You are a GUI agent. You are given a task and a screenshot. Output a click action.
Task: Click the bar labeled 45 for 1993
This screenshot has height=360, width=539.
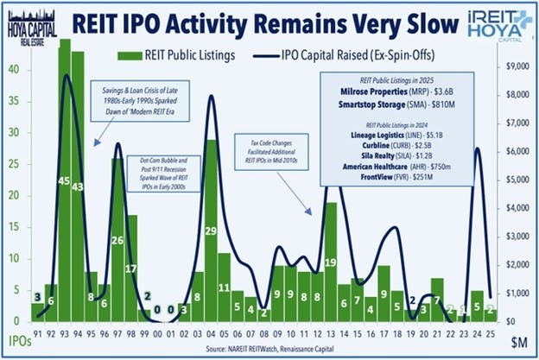pyautogui.click(x=64, y=181)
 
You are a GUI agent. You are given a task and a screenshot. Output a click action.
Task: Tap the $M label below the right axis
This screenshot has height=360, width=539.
pyautogui.click(x=516, y=344)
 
